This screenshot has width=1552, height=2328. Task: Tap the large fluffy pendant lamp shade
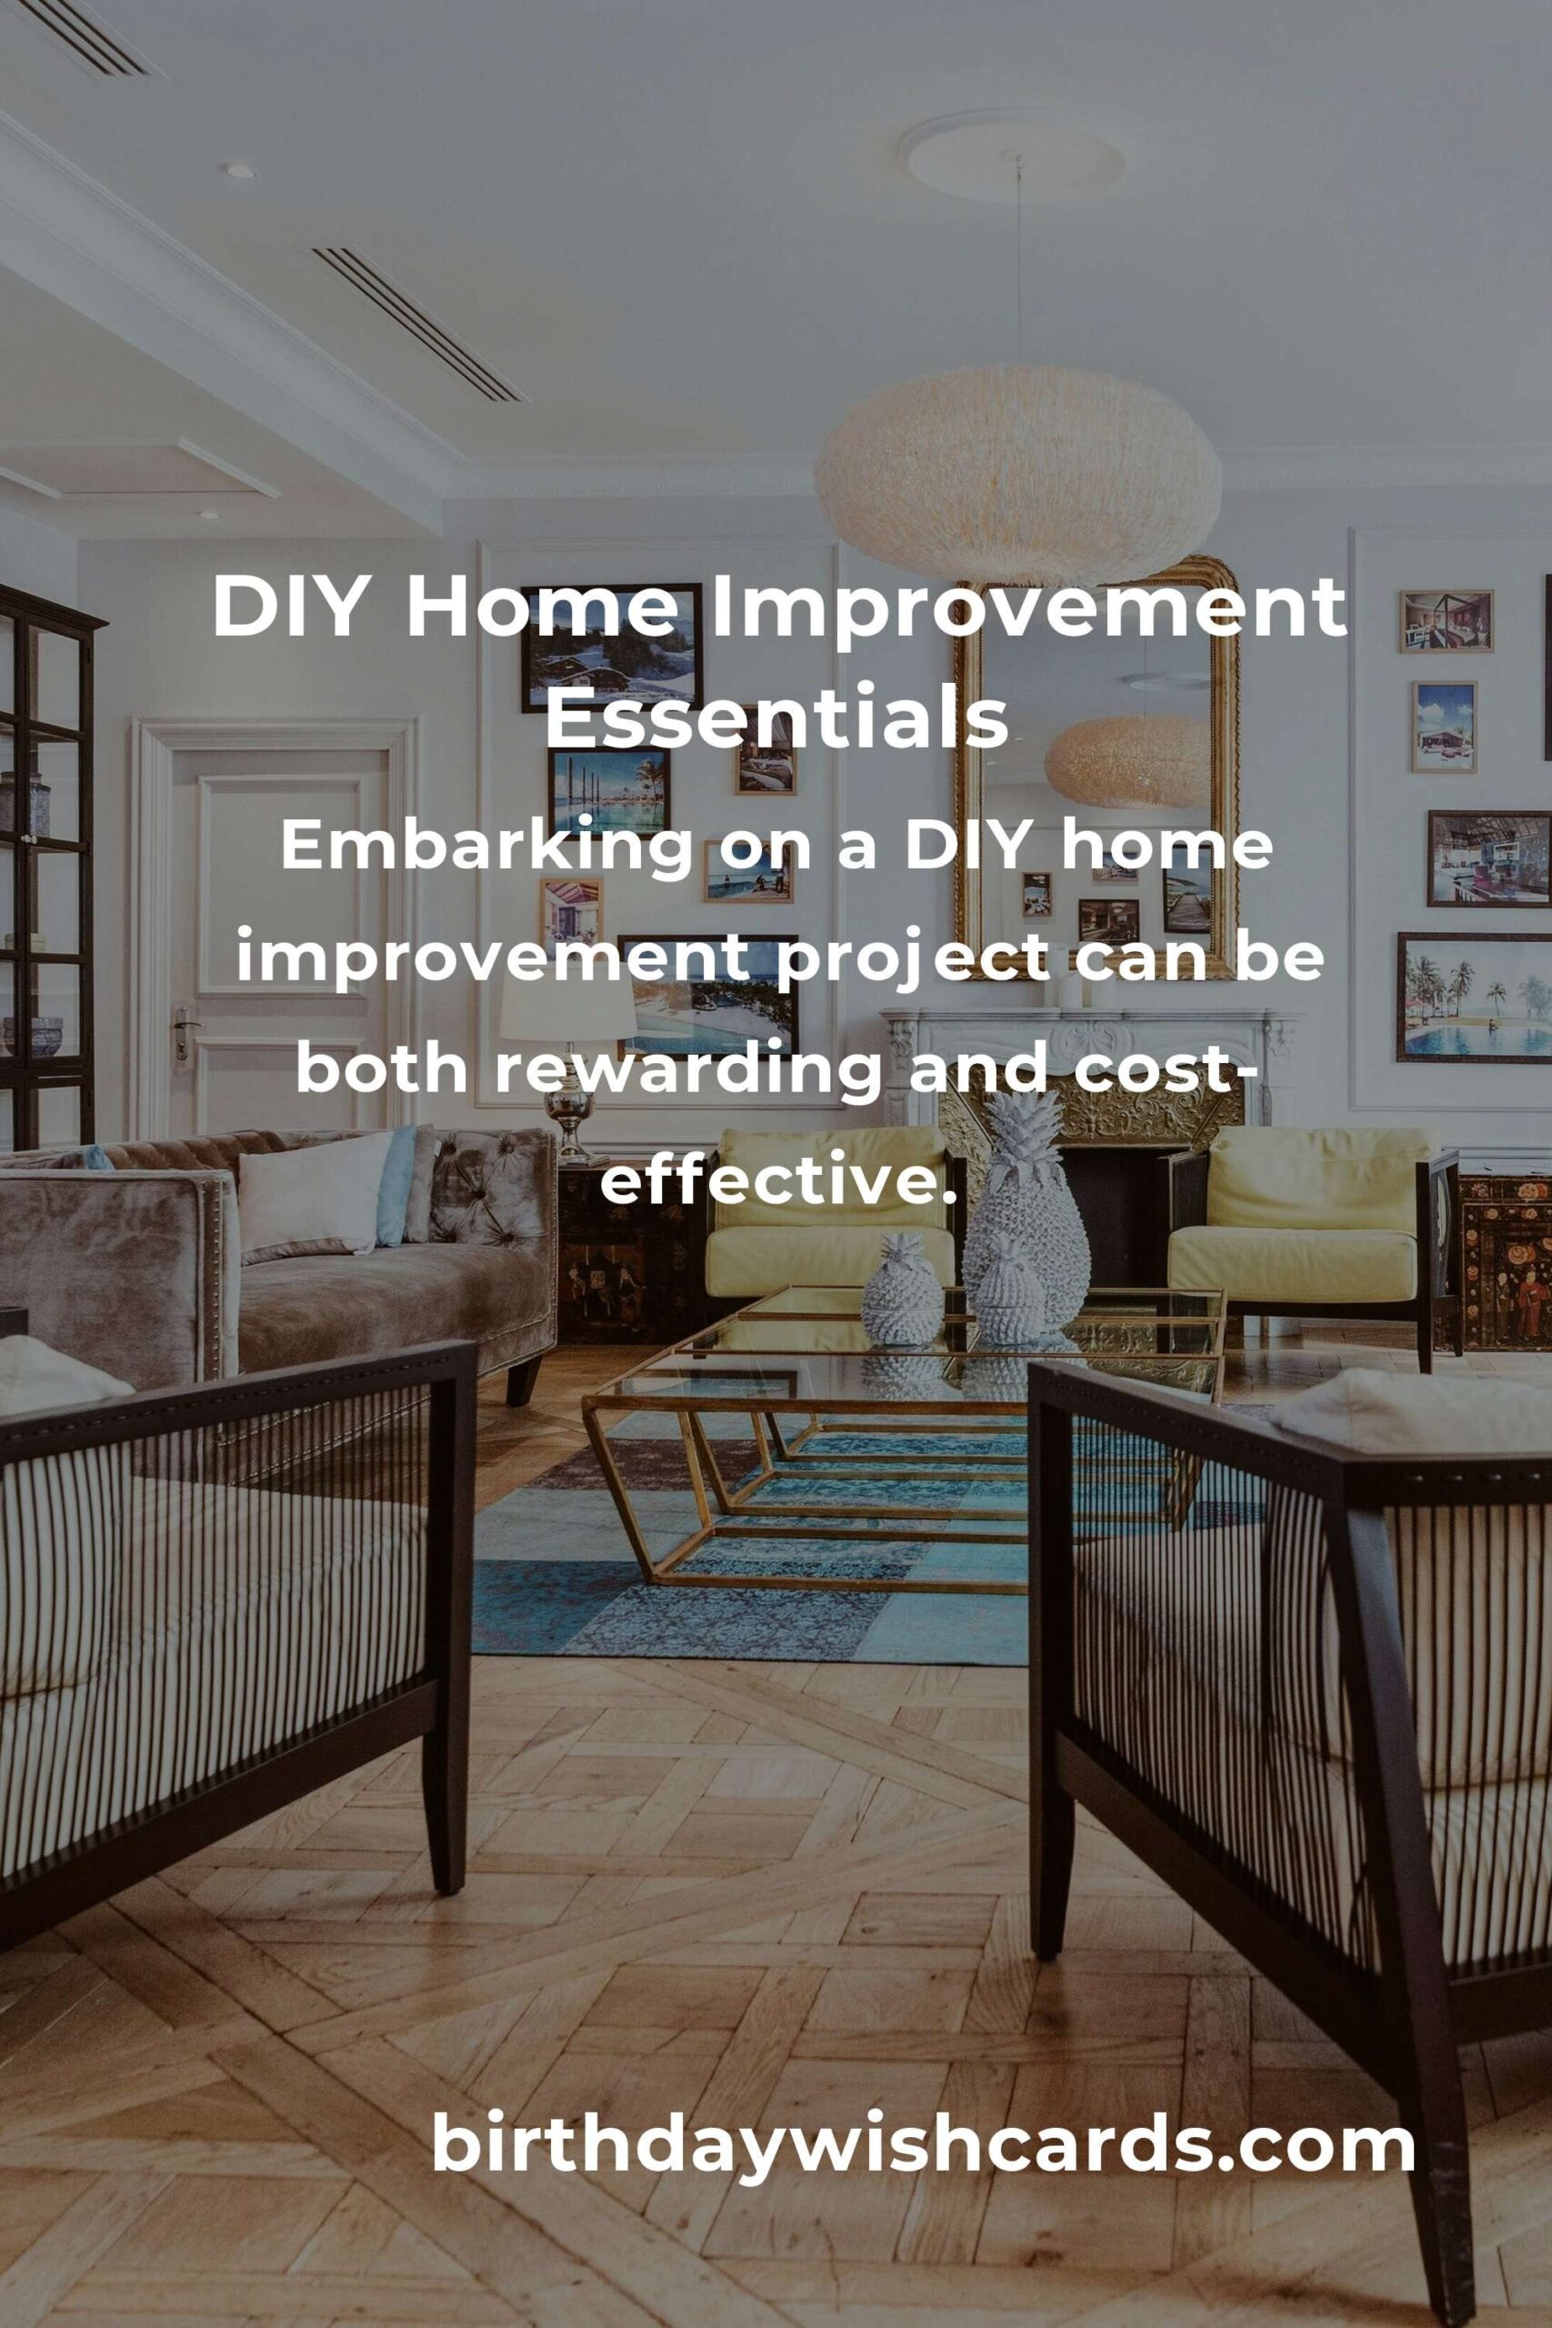(x=1018, y=473)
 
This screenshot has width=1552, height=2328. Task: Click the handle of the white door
(x=181, y=1029)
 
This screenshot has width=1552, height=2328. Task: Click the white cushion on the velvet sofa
(x=315, y=1195)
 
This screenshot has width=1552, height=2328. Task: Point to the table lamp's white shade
(x=567, y=1008)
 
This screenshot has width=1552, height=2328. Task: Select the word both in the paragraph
(x=381, y=1071)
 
